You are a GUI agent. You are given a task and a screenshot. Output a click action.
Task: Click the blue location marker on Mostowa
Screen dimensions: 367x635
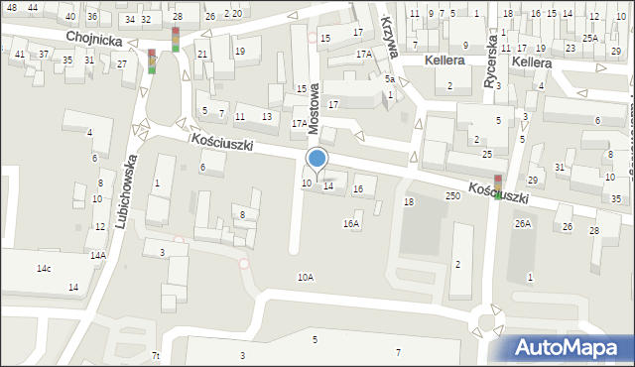coord(317,159)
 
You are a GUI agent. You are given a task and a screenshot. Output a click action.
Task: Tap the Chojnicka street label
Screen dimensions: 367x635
coord(94,37)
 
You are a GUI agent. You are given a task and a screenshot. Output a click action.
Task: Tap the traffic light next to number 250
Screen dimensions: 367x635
coord(498,183)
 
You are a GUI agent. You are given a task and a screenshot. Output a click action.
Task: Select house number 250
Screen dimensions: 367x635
coord(453,196)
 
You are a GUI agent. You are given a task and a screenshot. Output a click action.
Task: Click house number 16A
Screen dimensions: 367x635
coord(351,224)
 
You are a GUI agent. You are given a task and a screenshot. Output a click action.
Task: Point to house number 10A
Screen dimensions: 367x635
coord(305,278)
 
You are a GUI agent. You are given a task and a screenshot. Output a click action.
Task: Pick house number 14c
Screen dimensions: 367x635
coord(45,269)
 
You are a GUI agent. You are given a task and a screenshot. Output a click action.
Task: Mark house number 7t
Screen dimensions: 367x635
coord(156,355)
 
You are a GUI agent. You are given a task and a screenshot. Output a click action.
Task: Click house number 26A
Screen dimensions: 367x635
coord(523,224)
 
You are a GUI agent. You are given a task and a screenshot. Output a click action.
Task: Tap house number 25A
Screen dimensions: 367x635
coord(590,38)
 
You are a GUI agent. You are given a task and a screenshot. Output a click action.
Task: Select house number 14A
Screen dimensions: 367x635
coord(97,255)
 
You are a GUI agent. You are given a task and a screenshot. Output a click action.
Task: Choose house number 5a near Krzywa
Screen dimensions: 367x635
coord(391,79)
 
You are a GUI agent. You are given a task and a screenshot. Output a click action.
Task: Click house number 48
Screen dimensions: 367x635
coord(11,7)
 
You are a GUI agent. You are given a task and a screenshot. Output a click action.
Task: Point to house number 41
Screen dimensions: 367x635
coord(20,54)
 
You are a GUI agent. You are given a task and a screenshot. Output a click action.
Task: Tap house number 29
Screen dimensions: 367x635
coord(532,180)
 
